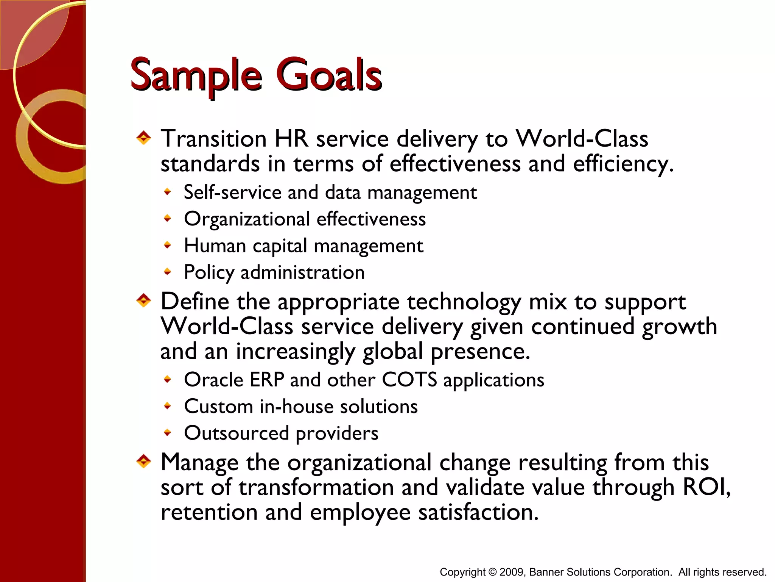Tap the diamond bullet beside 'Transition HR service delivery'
point(143,138)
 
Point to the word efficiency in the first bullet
point(622,164)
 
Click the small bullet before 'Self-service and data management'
point(168,192)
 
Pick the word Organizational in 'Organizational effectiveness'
point(247,219)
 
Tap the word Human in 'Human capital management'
point(215,246)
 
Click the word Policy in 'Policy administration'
point(209,273)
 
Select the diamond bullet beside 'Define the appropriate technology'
point(143,301)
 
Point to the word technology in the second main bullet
point(464,302)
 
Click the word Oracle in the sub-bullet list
point(213,380)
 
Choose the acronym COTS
point(409,380)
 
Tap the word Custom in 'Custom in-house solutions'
point(218,407)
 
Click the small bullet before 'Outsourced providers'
point(168,433)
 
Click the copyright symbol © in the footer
point(492,572)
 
